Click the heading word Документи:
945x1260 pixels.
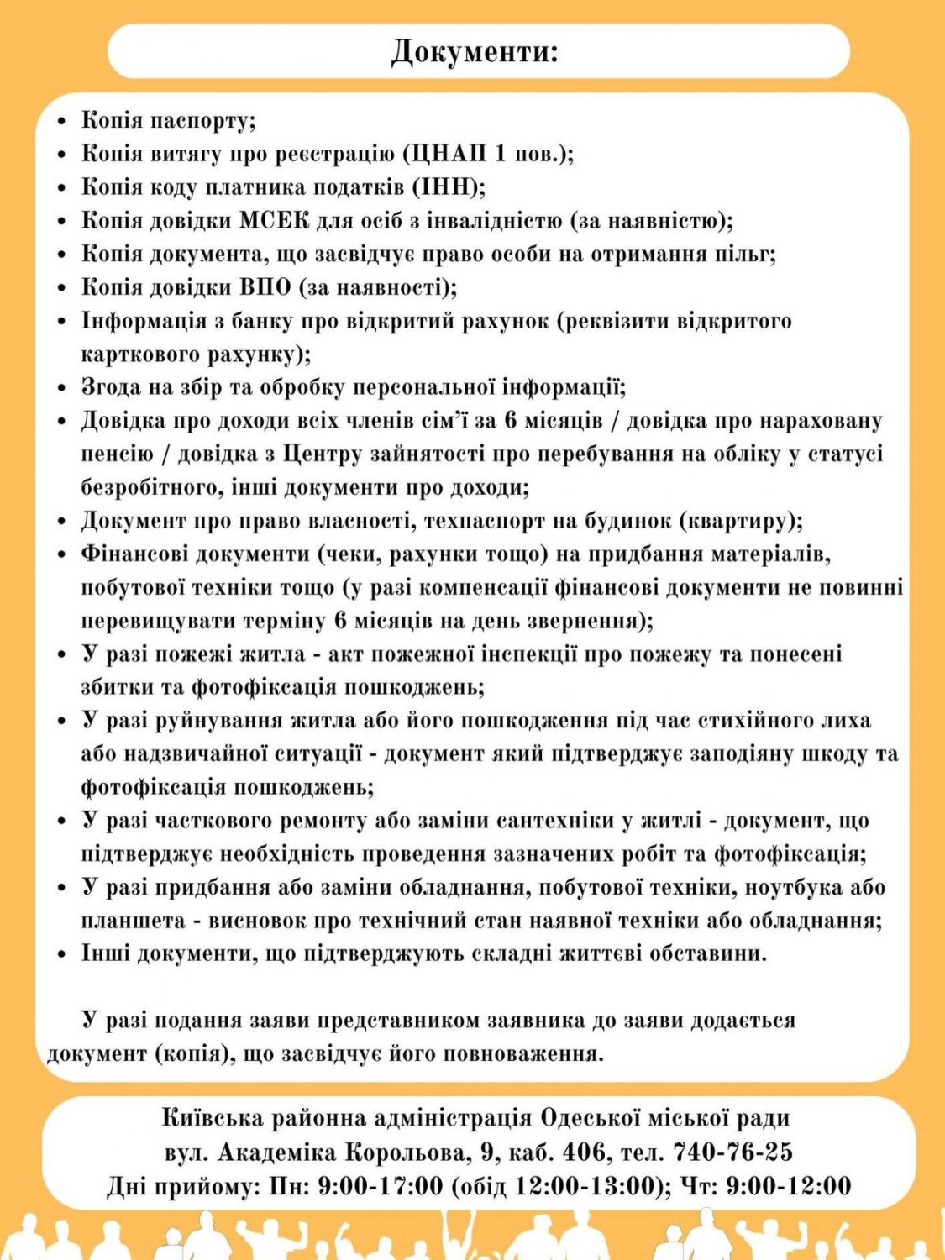coord(475,52)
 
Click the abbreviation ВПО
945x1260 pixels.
coord(265,287)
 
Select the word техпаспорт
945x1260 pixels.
coord(485,521)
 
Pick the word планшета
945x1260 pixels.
coord(129,921)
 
